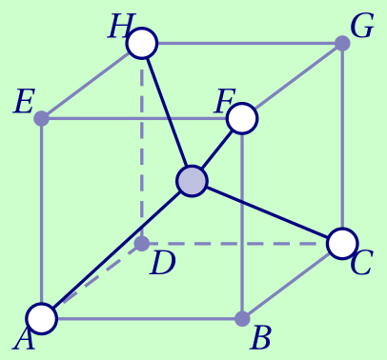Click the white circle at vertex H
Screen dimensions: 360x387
coord(142,43)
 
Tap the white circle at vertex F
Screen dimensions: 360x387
coord(243,118)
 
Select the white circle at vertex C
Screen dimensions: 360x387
coord(342,243)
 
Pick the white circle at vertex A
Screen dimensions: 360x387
coord(42,318)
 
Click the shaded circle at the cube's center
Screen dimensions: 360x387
coord(193,181)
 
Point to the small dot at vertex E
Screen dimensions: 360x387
coord(42,119)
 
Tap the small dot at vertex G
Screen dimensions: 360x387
coord(343,43)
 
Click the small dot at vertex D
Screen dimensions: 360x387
coord(142,244)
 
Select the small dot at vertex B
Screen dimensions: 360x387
coord(243,318)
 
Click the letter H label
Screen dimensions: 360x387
coord(118,27)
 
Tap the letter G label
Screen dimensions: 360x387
coord(362,27)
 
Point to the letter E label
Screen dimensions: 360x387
coord(23,102)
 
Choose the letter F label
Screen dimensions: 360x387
coord(224,100)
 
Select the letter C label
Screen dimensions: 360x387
coord(360,264)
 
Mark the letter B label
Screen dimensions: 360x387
coord(260,338)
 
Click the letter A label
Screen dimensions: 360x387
coord(24,339)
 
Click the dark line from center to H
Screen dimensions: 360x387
coord(168,112)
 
